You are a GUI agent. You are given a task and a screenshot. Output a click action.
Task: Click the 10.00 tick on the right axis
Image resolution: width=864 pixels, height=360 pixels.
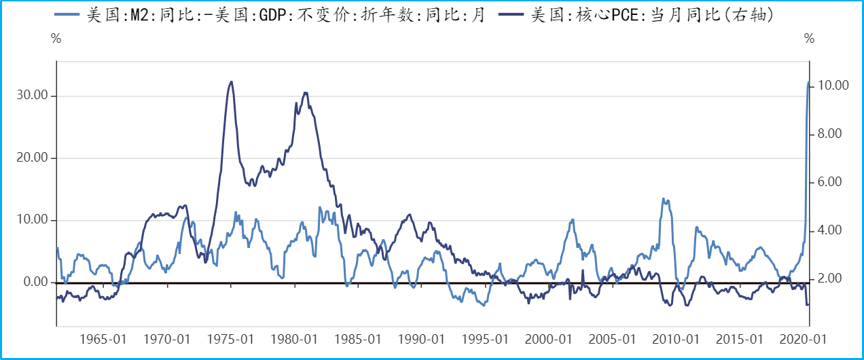(x=833, y=86)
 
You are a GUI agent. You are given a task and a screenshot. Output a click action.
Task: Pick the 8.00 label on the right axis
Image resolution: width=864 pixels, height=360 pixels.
(x=829, y=134)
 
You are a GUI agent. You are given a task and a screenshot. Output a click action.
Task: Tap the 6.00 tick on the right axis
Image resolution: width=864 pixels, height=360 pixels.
(x=829, y=182)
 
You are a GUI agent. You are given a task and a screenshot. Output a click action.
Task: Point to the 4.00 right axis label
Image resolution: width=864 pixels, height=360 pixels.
(x=829, y=230)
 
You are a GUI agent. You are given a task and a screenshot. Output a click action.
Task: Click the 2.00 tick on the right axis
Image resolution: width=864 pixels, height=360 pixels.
(x=829, y=278)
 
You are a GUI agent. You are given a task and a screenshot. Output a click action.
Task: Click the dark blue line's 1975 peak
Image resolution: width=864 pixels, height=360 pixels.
(x=232, y=82)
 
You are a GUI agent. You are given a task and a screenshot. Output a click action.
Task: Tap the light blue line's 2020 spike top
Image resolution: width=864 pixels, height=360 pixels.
(x=808, y=82)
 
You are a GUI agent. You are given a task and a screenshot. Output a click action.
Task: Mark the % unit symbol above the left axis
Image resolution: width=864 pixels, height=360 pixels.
(x=56, y=39)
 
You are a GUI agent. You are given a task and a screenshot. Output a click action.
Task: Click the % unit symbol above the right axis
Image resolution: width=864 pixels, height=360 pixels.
(x=809, y=39)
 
